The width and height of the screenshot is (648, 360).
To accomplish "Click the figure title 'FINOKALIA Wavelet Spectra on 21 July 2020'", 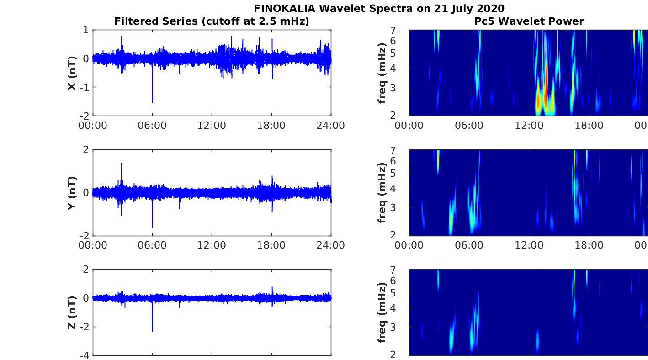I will (x=379, y=8).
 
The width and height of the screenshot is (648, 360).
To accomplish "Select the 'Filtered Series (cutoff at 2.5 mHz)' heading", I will (x=212, y=21).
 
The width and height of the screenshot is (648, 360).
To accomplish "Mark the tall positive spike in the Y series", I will (x=121, y=164).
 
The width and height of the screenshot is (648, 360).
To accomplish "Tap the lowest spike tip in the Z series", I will (x=152, y=331).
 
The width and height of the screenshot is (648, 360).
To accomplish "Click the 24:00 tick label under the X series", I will (x=330, y=126).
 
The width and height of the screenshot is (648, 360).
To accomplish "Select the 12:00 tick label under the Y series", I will (x=212, y=245).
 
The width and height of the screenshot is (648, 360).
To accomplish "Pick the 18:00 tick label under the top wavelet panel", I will (x=589, y=126).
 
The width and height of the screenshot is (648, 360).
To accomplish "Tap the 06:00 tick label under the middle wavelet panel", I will (x=469, y=245).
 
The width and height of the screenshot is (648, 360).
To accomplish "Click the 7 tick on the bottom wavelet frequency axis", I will (x=402, y=270).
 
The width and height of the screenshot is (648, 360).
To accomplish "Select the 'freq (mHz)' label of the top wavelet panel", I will (x=383, y=72).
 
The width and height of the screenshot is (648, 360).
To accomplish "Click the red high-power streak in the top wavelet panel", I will (x=545, y=91).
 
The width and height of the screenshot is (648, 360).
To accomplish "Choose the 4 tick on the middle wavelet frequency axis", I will (x=402, y=188).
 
